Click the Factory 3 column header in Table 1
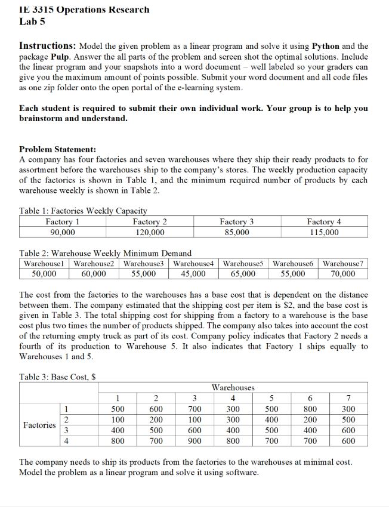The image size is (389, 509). [237, 222]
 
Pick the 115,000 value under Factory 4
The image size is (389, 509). [324, 232]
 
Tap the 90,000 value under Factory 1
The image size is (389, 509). [63, 232]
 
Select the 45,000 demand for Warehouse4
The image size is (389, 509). [193, 274]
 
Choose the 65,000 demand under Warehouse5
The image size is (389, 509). [243, 274]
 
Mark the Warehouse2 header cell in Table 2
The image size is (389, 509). [95, 263]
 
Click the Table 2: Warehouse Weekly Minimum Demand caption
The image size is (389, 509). [106, 253]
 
